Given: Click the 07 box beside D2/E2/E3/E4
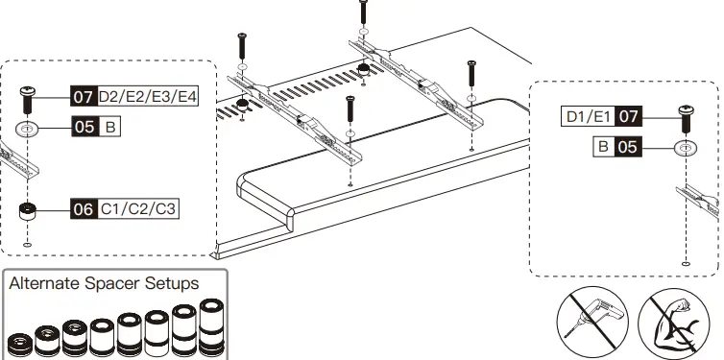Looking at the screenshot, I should [x=84, y=97].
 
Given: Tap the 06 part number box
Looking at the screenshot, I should [x=84, y=208].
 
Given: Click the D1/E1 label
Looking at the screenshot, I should [x=588, y=117].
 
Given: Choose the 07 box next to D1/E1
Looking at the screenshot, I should [x=628, y=117].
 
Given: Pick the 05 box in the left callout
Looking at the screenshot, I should [x=84, y=127].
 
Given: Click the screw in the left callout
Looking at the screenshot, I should [x=28, y=98].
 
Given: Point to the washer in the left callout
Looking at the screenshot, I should [x=28, y=128].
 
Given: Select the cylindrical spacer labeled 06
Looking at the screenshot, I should [x=28, y=210].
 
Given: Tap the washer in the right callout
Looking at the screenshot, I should [x=686, y=148].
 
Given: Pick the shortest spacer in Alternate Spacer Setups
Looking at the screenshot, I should [x=20, y=343].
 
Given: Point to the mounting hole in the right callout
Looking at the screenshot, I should [x=685, y=263].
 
